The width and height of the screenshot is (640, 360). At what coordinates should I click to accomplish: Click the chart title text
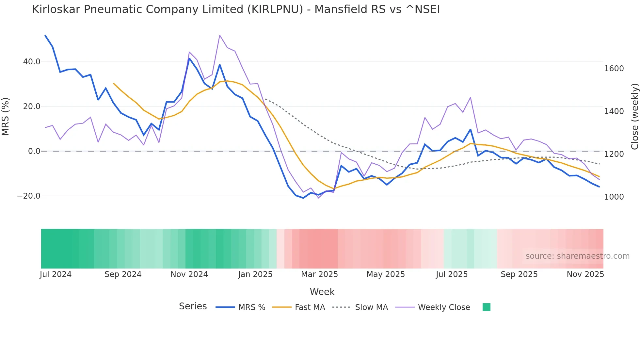click(x=236, y=9)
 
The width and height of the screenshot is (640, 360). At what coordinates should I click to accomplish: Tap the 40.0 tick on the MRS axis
click(x=32, y=62)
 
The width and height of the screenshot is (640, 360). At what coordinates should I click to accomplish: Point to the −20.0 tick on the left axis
click(x=29, y=196)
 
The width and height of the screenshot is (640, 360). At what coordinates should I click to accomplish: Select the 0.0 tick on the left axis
click(x=34, y=151)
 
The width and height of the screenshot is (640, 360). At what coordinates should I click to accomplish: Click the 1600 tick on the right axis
click(x=614, y=69)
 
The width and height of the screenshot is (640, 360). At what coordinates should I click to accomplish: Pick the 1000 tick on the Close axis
click(x=614, y=197)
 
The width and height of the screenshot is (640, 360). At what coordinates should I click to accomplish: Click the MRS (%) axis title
click(x=6, y=116)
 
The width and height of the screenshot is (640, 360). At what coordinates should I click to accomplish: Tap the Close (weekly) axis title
click(x=634, y=116)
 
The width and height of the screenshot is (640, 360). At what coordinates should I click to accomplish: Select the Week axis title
click(x=322, y=292)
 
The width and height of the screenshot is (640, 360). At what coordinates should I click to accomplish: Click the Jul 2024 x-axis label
click(x=56, y=274)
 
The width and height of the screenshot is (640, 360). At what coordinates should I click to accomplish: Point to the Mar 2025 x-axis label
click(x=319, y=274)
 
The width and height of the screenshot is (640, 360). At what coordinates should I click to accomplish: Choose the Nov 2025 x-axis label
click(x=585, y=274)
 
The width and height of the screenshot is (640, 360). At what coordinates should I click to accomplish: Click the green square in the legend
click(x=486, y=307)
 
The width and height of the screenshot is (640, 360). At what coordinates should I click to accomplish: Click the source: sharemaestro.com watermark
click(x=577, y=256)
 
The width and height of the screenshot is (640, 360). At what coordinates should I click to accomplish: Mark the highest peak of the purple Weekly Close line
click(x=220, y=35)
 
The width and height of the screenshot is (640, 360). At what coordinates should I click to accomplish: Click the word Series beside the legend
click(x=193, y=306)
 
